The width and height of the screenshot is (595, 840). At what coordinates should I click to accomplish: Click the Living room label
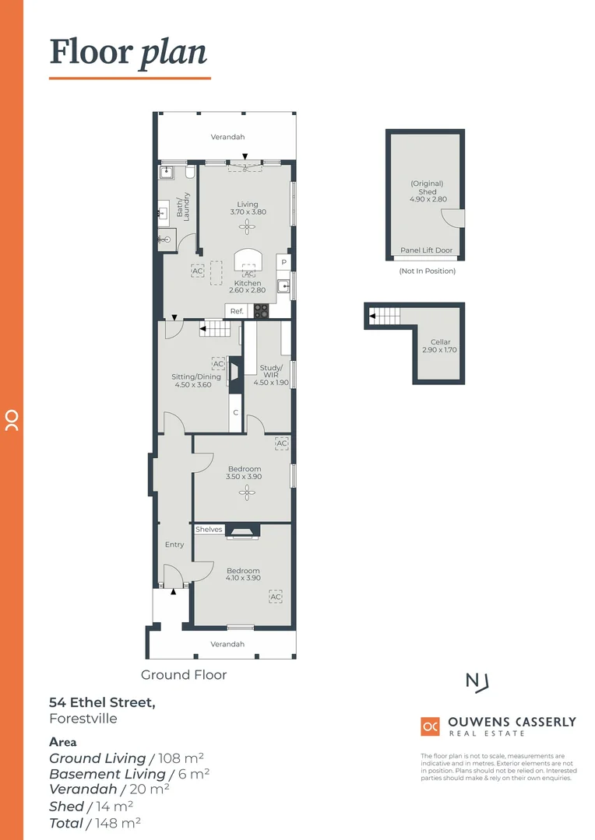click(x=248, y=205)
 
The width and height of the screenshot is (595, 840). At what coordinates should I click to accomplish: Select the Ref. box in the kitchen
click(x=237, y=311)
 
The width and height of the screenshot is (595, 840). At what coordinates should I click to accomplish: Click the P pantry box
click(x=284, y=262)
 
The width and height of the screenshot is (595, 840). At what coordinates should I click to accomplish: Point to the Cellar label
click(x=440, y=341)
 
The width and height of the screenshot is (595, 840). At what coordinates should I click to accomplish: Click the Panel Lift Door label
click(x=426, y=250)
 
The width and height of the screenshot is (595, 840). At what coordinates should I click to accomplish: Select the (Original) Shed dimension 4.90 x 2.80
click(x=428, y=200)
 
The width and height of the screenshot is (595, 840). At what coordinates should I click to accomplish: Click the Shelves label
click(x=209, y=530)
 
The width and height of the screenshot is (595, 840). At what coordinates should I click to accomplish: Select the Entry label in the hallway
click(x=174, y=544)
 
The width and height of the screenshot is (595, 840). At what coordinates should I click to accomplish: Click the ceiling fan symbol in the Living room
click(x=248, y=226)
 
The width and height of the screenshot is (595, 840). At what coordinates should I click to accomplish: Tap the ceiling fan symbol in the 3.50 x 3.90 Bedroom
click(x=247, y=491)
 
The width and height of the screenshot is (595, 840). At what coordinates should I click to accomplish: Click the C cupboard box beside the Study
click(x=235, y=412)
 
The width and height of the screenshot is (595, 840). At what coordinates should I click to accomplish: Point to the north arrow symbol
click(x=477, y=682)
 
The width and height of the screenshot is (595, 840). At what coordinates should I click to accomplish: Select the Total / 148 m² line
click(x=95, y=822)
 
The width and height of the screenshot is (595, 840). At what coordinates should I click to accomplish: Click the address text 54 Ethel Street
click(x=102, y=702)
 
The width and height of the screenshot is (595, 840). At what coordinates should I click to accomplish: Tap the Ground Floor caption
click(x=184, y=674)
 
